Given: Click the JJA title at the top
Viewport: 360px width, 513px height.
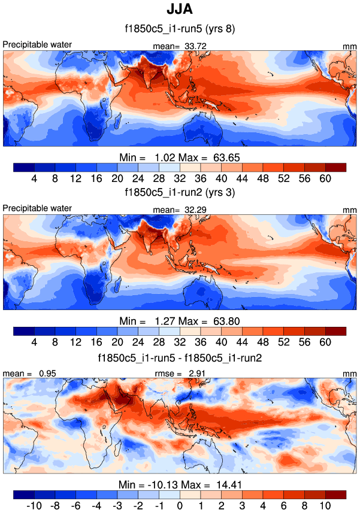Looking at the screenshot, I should click(x=180, y=10).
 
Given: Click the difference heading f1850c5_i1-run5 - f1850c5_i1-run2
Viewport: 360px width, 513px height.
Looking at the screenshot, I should click(x=180, y=357).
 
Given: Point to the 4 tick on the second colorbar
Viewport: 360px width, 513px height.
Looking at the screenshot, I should click(x=34, y=342).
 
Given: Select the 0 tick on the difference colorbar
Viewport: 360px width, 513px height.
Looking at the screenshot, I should click(x=180, y=506).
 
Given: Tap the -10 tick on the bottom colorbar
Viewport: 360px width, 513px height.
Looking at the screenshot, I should click(x=34, y=506).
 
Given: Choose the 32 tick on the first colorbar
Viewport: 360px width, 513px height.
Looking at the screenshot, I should click(x=180, y=178).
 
